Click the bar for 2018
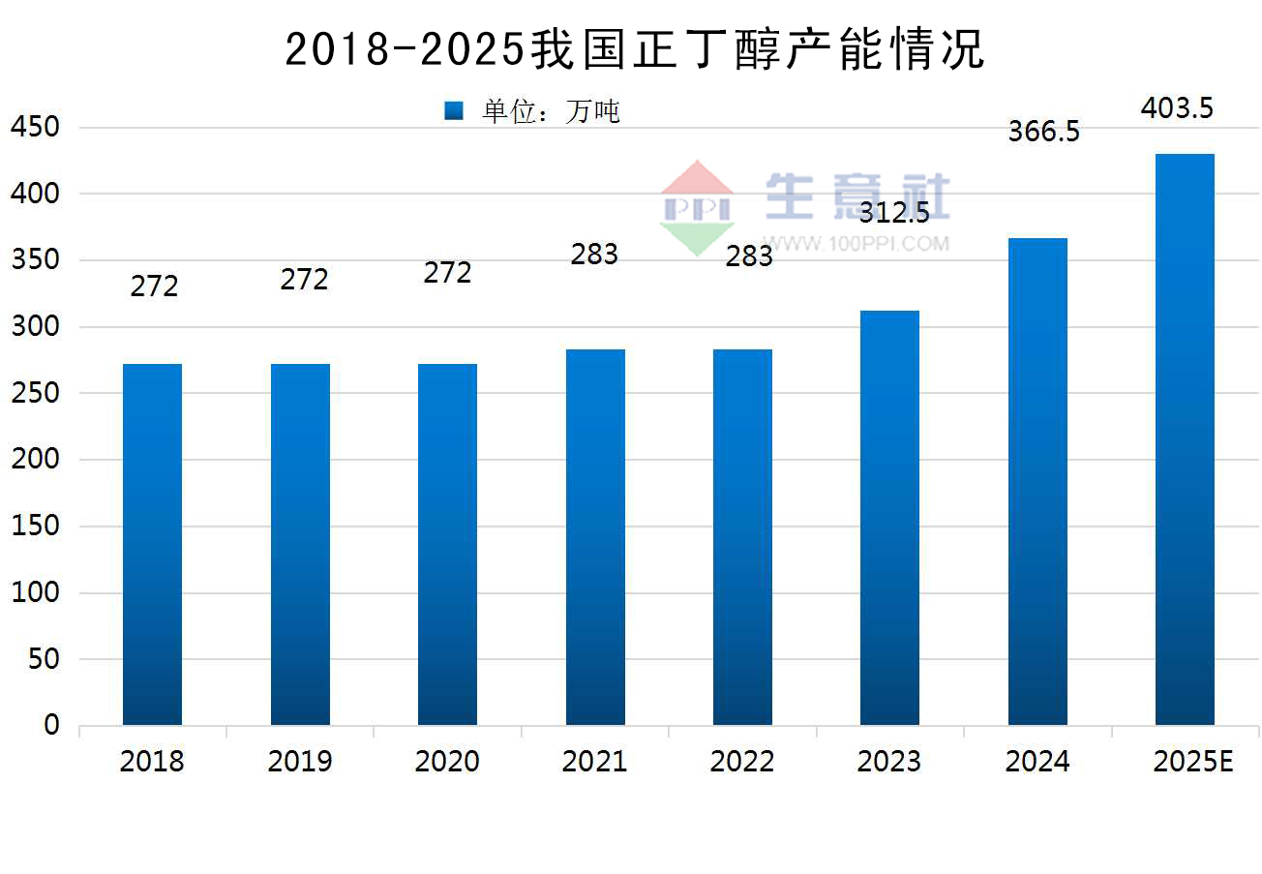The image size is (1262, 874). (x=152, y=544)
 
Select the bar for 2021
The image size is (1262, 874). (x=595, y=537)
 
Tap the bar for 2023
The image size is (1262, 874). (x=889, y=518)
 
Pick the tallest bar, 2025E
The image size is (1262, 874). (x=1185, y=439)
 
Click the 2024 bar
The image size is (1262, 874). (x=1037, y=481)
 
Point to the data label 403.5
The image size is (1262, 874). (x=1177, y=107)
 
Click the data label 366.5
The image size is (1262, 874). (x=1043, y=132)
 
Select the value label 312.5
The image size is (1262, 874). (x=894, y=212)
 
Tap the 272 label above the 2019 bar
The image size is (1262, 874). (x=304, y=280)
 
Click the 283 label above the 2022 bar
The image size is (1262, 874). (x=748, y=256)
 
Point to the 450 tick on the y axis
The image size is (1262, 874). (x=36, y=128)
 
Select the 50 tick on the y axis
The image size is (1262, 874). (x=45, y=660)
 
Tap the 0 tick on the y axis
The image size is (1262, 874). (x=51, y=726)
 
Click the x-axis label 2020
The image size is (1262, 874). (x=447, y=762)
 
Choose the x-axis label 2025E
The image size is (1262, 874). (x=1193, y=762)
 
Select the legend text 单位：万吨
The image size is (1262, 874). (x=551, y=111)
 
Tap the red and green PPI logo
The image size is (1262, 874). (x=697, y=208)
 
